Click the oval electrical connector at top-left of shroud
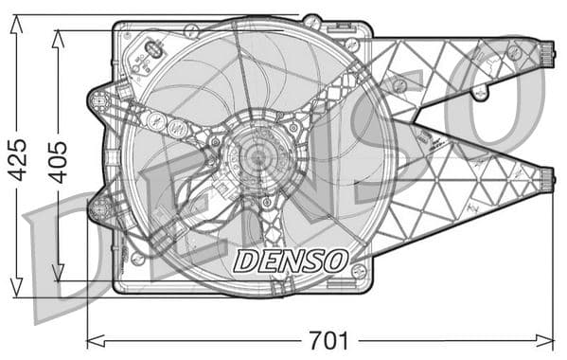pyautogui.click(x=153, y=48)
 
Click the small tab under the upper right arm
pyautogui.click(x=481, y=93)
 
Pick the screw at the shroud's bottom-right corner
pyautogui.click(x=358, y=270)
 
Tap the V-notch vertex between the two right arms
pyautogui.click(x=414, y=122)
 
